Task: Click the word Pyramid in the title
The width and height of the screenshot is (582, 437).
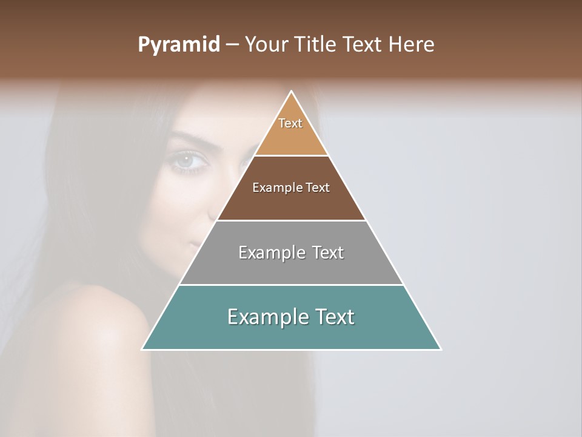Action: click(178, 45)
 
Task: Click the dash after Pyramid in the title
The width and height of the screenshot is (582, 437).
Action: click(232, 45)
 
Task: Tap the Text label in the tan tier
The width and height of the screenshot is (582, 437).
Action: click(290, 123)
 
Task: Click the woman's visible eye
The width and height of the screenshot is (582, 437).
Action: click(185, 160)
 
